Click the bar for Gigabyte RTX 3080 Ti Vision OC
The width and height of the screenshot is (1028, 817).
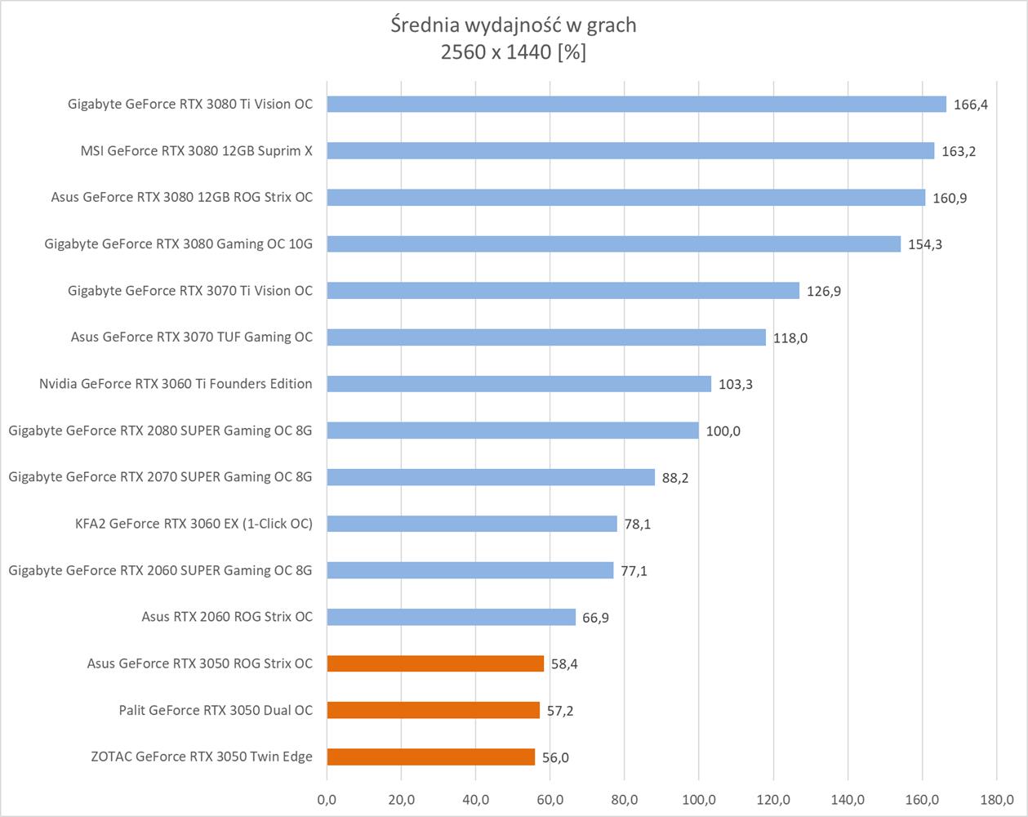click(x=636, y=105)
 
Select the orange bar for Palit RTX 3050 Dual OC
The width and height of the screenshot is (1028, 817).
click(x=433, y=710)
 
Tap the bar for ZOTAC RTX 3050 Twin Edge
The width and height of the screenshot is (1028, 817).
click(x=430, y=757)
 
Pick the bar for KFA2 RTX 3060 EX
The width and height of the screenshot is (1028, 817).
click(x=472, y=524)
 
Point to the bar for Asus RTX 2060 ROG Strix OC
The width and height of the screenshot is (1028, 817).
click(x=451, y=617)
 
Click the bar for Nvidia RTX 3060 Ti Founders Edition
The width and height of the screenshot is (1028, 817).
click(x=518, y=384)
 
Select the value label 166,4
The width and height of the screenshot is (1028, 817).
click(x=970, y=105)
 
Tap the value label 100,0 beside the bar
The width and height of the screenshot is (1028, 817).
click(x=723, y=431)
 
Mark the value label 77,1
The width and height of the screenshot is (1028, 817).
click(x=634, y=571)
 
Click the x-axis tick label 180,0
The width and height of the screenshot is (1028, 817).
click(x=996, y=798)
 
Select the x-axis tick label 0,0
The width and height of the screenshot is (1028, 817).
click(x=327, y=798)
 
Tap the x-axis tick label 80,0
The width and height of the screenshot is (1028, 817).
click(x=624, y=798)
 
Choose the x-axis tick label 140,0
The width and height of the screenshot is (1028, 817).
click(x=848, y=798)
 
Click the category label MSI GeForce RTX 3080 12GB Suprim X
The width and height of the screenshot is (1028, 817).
click(x=196, y=151)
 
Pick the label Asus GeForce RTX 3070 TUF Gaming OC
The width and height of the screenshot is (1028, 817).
click(x=191, y=337)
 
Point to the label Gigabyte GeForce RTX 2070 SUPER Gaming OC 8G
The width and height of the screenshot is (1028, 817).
click(x=160, y=477)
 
